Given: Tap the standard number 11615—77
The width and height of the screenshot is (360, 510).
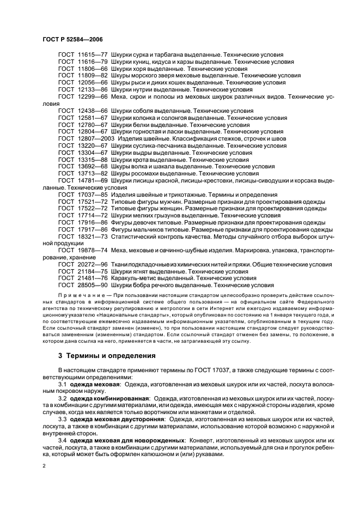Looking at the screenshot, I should [x=92, y=56].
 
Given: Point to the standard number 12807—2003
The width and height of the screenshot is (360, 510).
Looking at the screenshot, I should [x=96, y=139].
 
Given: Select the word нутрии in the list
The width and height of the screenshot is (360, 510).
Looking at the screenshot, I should [x=141, y=89].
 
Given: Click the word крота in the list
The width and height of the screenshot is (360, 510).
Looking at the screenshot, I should [x=141, y=160].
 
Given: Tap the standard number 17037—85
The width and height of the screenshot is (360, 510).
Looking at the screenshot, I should [x=92, y=195].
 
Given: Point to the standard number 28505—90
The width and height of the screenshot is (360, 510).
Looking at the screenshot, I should [x=92, y=285].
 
